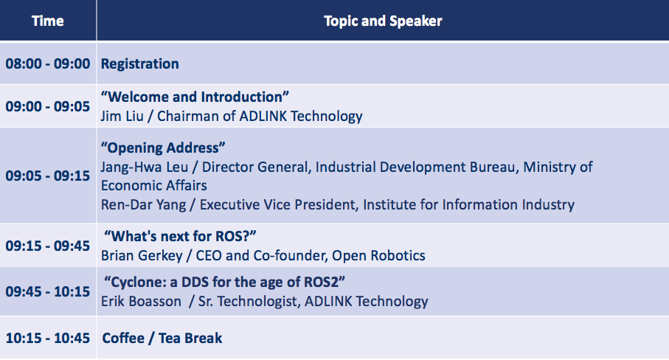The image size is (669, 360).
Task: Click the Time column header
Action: tap(48, 21)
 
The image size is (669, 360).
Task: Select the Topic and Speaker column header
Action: tap(383, 21)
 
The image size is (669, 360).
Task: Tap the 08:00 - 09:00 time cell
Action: tap(48, 63)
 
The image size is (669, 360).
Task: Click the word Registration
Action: tap(140, 64)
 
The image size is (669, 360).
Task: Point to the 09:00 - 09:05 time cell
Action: tap(48, 106)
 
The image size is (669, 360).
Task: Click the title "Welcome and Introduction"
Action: tap(195, 97)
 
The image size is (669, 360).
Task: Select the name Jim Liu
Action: tap(122, 116)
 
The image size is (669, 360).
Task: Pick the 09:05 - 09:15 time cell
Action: tap(48, 176)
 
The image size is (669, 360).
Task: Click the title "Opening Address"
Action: tap(163, 148)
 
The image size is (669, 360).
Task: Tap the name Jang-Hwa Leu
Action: tap(145, 167)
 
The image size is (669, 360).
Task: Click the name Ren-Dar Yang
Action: tap(143, 205)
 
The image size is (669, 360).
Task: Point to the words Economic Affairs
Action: tap(154, 186)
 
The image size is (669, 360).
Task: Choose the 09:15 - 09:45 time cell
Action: tap(48, 246)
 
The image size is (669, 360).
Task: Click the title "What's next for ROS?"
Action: tap(180, 236)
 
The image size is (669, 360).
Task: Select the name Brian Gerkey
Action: tap(142, 255)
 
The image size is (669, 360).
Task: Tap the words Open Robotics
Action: tap(378, 255)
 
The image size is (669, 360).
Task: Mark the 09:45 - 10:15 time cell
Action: tap(48, 291)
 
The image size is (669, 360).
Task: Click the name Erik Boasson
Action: tap(141, 302)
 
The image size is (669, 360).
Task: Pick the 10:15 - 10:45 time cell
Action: tap(48, 339)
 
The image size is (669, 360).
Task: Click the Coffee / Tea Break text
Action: tap(162, 339)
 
